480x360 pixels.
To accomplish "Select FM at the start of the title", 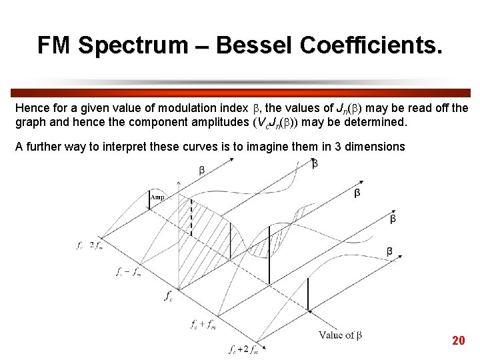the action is (x=56, y=45).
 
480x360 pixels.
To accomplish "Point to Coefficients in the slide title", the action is (x=371, y=45).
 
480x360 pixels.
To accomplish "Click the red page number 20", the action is (x=458, y=341).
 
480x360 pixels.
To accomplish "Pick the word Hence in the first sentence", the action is (x=31, y=107).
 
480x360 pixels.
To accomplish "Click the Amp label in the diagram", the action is (x=158, y=197).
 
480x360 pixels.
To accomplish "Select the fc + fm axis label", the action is (x=203, y=325).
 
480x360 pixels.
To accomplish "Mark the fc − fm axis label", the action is (x=128, y=271).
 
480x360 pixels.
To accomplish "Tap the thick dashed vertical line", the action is (x=191, y=217).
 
